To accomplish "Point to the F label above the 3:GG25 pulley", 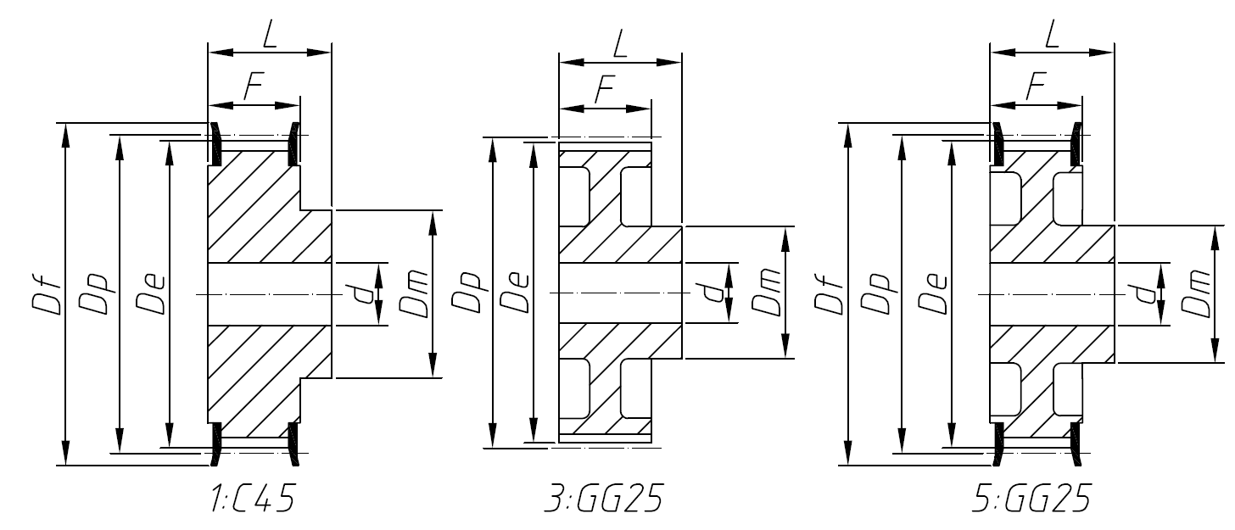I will point(604,90).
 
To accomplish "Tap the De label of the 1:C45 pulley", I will point(153,293).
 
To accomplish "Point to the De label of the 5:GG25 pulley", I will point(935,293).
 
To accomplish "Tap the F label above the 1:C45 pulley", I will point(252,87).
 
